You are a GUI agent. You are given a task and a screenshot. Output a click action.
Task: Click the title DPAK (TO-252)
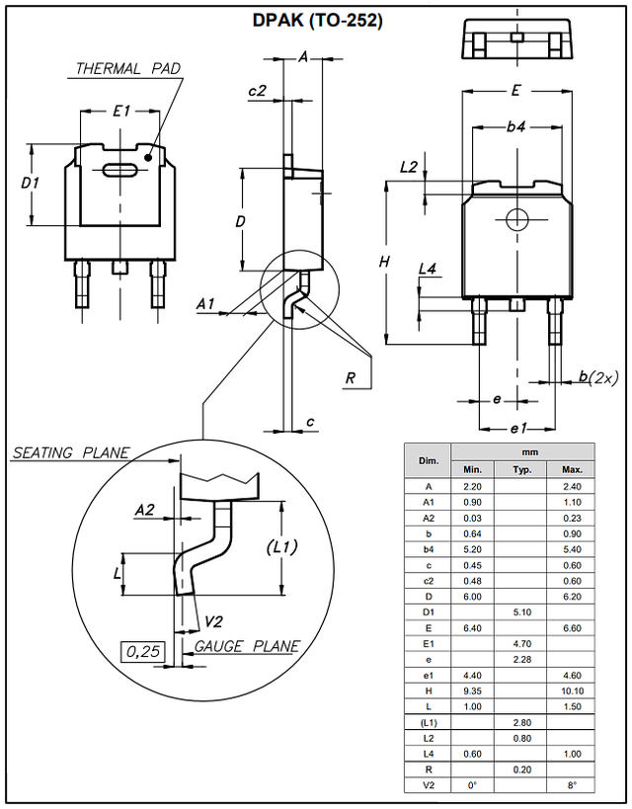click(x=317, y=20)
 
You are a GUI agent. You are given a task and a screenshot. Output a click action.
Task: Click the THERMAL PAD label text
click(x=128, y=68)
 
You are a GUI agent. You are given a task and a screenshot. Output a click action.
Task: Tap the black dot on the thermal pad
click(x=148, y=157)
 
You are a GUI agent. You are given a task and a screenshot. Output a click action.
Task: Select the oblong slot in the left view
click(x=119, y=170)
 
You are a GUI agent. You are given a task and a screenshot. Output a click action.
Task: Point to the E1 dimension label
click(x=121, y=111)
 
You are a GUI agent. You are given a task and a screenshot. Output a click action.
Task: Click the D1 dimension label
click(x=30, y=183)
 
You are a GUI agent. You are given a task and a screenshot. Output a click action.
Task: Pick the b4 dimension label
click(x=515, y=126)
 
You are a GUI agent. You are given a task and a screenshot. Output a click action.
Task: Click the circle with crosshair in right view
click(x=516, y=220)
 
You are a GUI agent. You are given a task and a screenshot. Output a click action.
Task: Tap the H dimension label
click(x=384, y=262)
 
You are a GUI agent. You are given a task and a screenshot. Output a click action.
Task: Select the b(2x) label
click(x=597, y=377)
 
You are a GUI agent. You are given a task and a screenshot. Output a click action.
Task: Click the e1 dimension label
click(x=518, y=429)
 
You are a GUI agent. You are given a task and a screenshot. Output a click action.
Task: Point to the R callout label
click(x=351, y=378)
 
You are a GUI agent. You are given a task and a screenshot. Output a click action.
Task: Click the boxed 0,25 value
click(x=143, y=652)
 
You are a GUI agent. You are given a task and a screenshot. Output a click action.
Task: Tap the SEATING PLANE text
click(x=71, y=452)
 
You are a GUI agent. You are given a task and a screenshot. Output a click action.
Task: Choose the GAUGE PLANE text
click(x=247, y=646)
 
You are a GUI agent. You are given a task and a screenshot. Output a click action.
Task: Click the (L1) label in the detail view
click(x=281, y=547)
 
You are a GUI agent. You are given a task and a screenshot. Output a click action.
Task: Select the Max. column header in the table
click(x=572, y=469)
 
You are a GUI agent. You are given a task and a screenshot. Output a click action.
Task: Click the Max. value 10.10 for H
click(x=572, y=690)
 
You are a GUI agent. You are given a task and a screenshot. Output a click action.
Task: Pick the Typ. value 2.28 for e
click(x=522, y=660)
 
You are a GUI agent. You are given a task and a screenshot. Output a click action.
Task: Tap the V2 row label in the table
click(x=429, y=785)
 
